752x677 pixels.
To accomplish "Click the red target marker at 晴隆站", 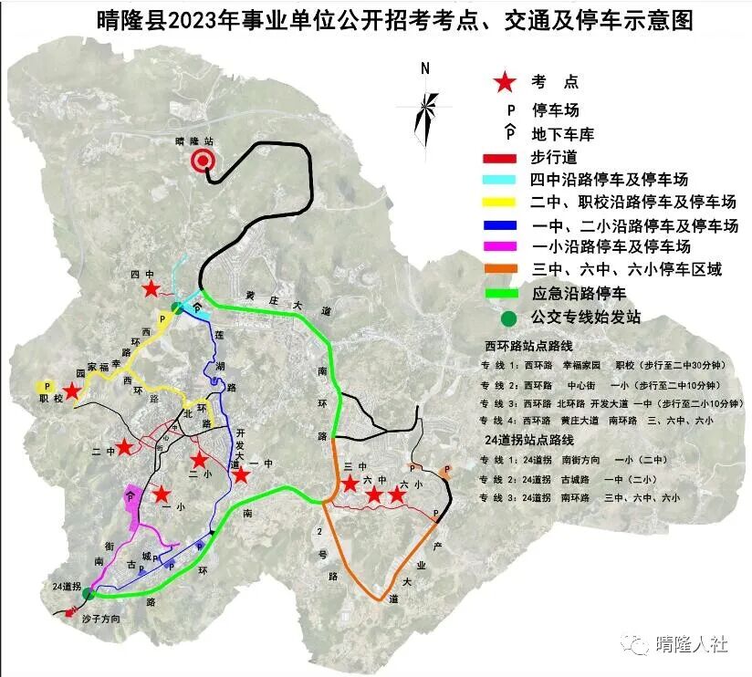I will pos(203,162).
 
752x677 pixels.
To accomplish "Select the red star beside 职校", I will pos(72,391).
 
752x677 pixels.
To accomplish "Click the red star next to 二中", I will pos(124,448).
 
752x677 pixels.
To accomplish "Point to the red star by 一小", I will pos(161,495).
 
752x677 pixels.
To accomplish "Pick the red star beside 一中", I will pos(240,474).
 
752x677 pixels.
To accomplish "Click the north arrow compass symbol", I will pos(424,109).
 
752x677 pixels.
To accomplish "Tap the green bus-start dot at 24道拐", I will pos(88,594).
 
